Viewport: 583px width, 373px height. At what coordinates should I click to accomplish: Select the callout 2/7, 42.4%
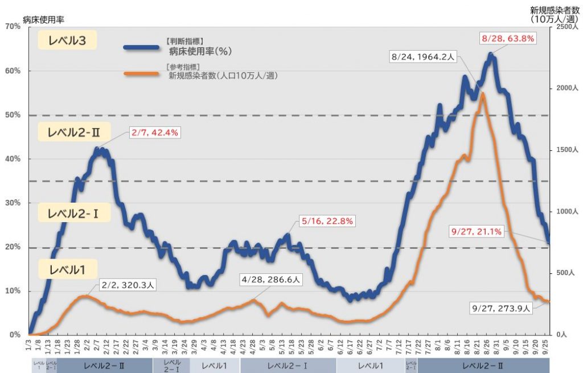click(x=155, y=133)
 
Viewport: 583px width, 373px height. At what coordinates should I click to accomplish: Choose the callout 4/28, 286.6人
click(x=270, y=280)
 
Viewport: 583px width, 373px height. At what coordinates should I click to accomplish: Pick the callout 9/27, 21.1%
click(x=476, y=231)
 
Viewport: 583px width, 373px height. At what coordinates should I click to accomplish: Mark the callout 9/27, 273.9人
click(x=501, y=308)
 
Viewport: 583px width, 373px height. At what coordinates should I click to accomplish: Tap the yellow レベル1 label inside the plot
click(x=67, y=270)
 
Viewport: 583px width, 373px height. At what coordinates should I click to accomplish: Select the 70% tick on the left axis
click(x=13, y=27)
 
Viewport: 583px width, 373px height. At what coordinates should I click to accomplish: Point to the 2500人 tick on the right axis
click(x=565, y=27)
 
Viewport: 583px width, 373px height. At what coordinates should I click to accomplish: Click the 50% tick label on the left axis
click(x=13, y=115)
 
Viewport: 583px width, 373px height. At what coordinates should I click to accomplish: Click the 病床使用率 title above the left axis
click(x=43, y=19)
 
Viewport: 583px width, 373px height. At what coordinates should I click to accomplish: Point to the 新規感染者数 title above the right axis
click(x=551, y=10)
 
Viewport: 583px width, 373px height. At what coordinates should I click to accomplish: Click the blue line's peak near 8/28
click(x=491, y=55)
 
